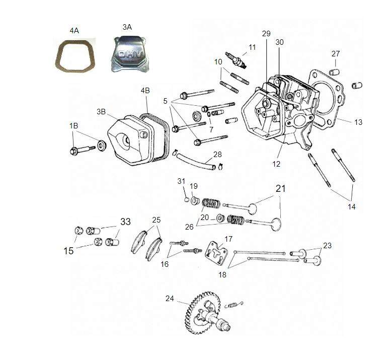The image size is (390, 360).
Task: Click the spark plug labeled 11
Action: coord(236,60)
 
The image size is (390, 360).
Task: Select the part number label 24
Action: coord(170,298)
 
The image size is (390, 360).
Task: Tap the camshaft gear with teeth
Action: coord(203,313)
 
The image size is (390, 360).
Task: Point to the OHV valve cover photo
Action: coord(129,54)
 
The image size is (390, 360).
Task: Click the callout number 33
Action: coord(125,222)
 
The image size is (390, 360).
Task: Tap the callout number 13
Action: coord(358,122)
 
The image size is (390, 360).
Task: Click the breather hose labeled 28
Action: coord(196,162)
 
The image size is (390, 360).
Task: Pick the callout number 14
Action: coord(351,206)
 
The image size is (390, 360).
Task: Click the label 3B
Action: coord(101,112)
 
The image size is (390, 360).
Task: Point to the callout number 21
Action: coord(281,189)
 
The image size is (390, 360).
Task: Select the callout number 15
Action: coord(68,251)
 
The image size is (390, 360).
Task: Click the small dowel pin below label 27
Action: coord(334,72)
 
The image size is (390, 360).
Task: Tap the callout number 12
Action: coord(276,164)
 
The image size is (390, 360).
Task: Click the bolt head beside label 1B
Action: coord(74,151)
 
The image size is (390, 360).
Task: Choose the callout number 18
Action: coord(222,275)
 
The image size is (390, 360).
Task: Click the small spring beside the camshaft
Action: coord(233,305)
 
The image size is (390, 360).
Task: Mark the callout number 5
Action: coord(166,101)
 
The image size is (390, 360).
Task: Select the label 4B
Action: coord(145,90)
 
